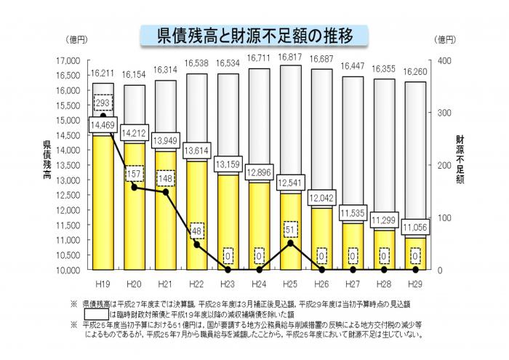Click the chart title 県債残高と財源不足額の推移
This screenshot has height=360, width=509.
254,35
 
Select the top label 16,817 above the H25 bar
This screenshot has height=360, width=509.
290,56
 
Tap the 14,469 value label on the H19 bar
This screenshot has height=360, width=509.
103,126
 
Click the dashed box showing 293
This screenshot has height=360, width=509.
103,103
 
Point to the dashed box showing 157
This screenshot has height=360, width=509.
135,175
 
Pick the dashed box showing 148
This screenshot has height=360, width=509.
166,178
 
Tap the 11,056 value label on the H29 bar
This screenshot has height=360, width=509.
414,227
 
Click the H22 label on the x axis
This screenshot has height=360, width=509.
196,283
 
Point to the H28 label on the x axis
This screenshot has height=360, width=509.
383,283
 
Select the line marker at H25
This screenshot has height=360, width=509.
290,243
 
